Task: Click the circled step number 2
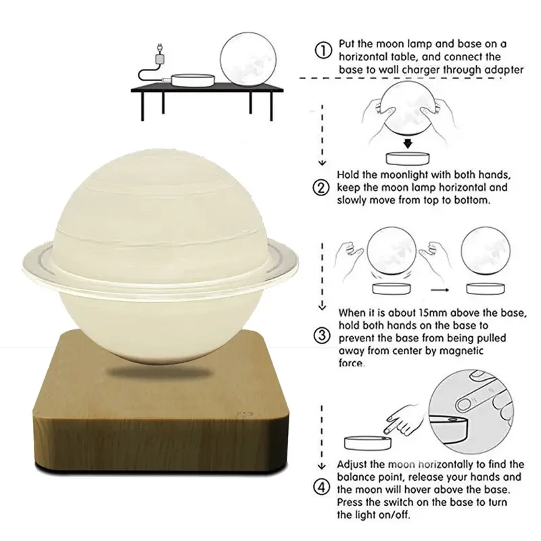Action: [324, 187]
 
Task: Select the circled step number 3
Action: [324, 336]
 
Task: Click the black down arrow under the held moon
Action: [408, 143]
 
